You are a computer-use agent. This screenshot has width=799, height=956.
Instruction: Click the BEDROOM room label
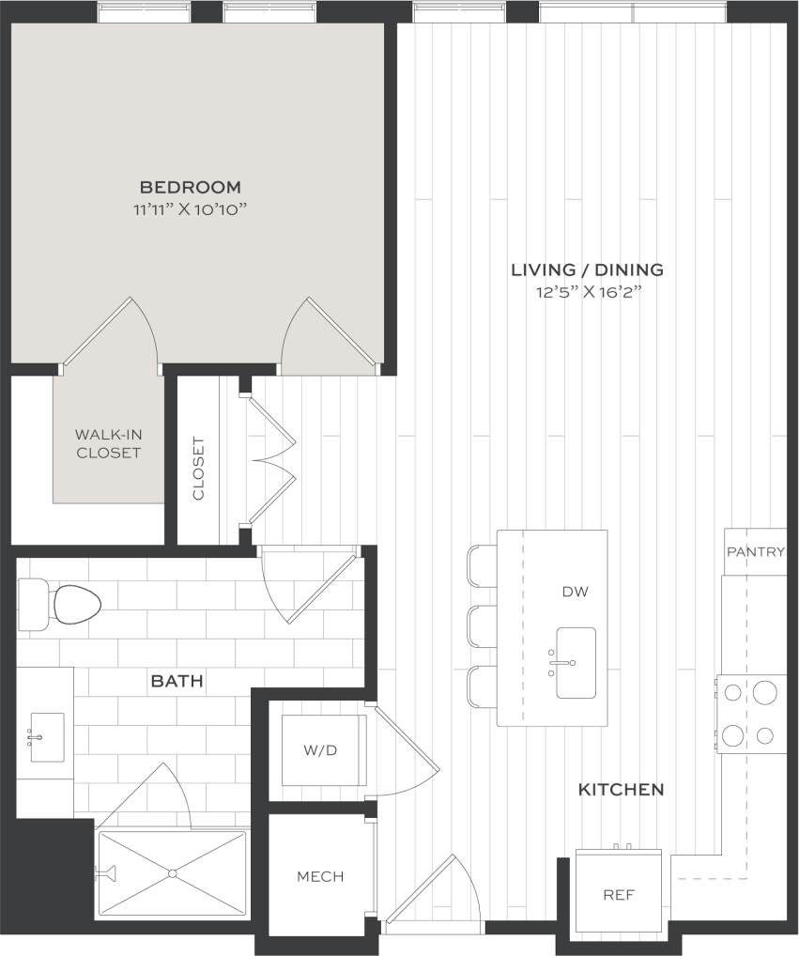(191, 187)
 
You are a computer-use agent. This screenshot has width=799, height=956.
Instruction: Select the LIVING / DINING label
(587, 270)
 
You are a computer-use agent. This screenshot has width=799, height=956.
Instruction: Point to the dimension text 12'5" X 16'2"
(587, 292)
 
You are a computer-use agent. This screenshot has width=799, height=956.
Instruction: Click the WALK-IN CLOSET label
(108, 443)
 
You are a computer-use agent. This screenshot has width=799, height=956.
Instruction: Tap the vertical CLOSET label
(198, 469)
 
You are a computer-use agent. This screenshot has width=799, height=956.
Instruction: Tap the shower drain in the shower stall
(173, 873)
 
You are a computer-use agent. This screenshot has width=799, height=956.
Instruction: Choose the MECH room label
(320, 877)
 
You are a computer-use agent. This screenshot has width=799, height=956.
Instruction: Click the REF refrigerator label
(618, 895)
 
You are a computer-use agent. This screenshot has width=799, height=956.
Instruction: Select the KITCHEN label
(621, 790)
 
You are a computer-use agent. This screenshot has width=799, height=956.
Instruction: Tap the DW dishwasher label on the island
(575, 592)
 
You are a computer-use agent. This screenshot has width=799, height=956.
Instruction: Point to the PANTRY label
(755, 552)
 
